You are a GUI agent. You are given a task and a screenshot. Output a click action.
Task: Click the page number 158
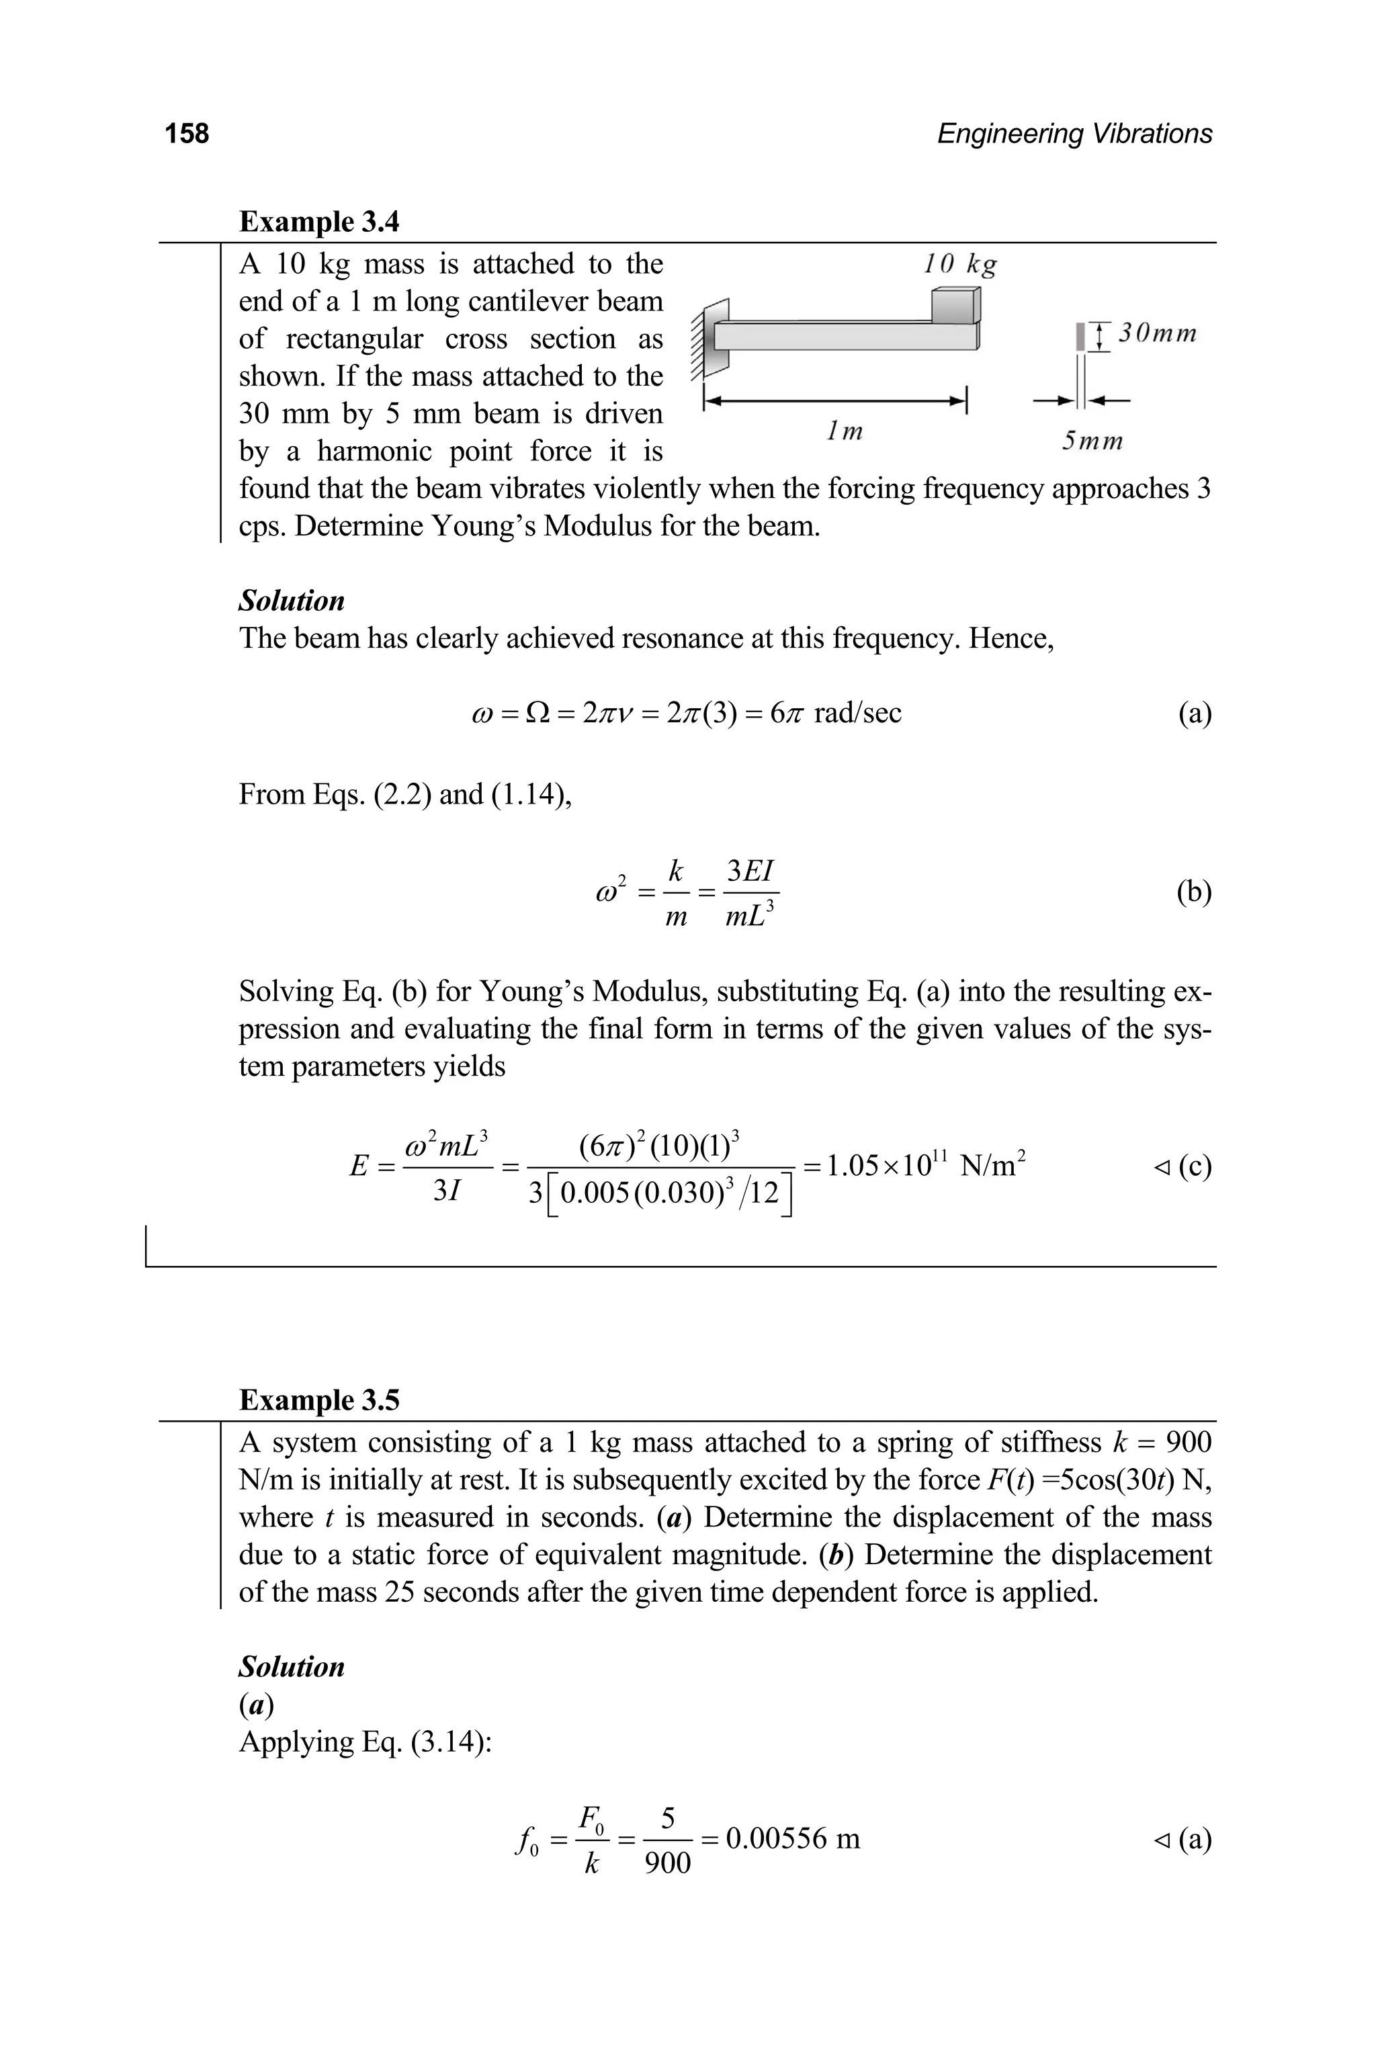(x=186, y=134)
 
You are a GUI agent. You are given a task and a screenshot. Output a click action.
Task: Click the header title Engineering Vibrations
(x=1074, y=134)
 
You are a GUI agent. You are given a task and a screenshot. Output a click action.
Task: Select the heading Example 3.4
(x=318, y=221)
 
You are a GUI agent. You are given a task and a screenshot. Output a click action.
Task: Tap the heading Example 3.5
(x=318, y=1400)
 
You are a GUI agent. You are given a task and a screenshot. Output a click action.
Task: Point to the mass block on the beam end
(x=955, y=306)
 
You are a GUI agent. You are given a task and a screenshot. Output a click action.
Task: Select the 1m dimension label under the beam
(x=844, y=432)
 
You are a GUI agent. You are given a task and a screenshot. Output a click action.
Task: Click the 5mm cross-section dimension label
(x=1092, y=441)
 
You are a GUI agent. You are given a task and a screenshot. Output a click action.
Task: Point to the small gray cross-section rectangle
(x=1080, y=336)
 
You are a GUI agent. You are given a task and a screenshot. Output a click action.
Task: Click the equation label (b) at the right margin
(x=1193, y=892)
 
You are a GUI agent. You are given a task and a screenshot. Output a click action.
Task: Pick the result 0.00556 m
(x=792, y=1838)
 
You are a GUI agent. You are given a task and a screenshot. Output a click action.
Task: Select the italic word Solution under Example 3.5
(x=292, y=1666)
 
